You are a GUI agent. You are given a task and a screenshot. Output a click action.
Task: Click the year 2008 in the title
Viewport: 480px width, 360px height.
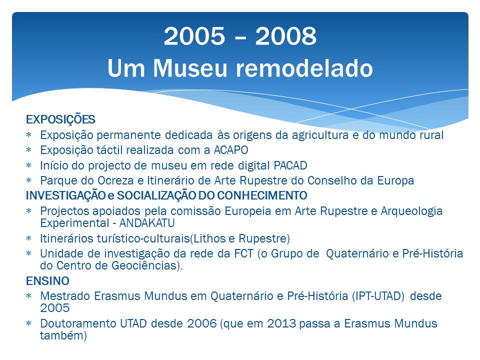point(285,36)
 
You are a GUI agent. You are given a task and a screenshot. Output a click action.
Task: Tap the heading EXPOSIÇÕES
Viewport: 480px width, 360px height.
point(60,119)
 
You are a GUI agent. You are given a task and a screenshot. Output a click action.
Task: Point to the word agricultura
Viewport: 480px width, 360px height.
point(320,135)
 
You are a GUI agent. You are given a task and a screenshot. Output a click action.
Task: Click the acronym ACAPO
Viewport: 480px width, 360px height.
point(231,150)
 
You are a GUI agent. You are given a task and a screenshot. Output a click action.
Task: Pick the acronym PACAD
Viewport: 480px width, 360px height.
point(290,165)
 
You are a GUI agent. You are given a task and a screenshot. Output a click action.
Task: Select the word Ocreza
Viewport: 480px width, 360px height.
point(115,180)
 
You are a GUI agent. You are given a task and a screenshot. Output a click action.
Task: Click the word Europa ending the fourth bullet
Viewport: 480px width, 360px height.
point(395,180)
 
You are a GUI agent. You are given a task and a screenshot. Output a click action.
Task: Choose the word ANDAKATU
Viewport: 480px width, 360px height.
point(147,223)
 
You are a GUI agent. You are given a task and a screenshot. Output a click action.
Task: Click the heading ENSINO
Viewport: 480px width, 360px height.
point(47,281)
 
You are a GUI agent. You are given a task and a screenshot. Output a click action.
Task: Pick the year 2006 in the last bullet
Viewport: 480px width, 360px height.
point(201,323)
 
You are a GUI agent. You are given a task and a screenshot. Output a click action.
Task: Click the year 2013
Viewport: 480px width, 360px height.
point(281,323)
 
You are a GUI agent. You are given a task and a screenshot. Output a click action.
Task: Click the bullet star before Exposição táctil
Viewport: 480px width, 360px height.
point(29,150)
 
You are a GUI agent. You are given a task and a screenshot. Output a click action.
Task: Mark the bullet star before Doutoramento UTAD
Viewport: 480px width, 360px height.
point(29,323)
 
